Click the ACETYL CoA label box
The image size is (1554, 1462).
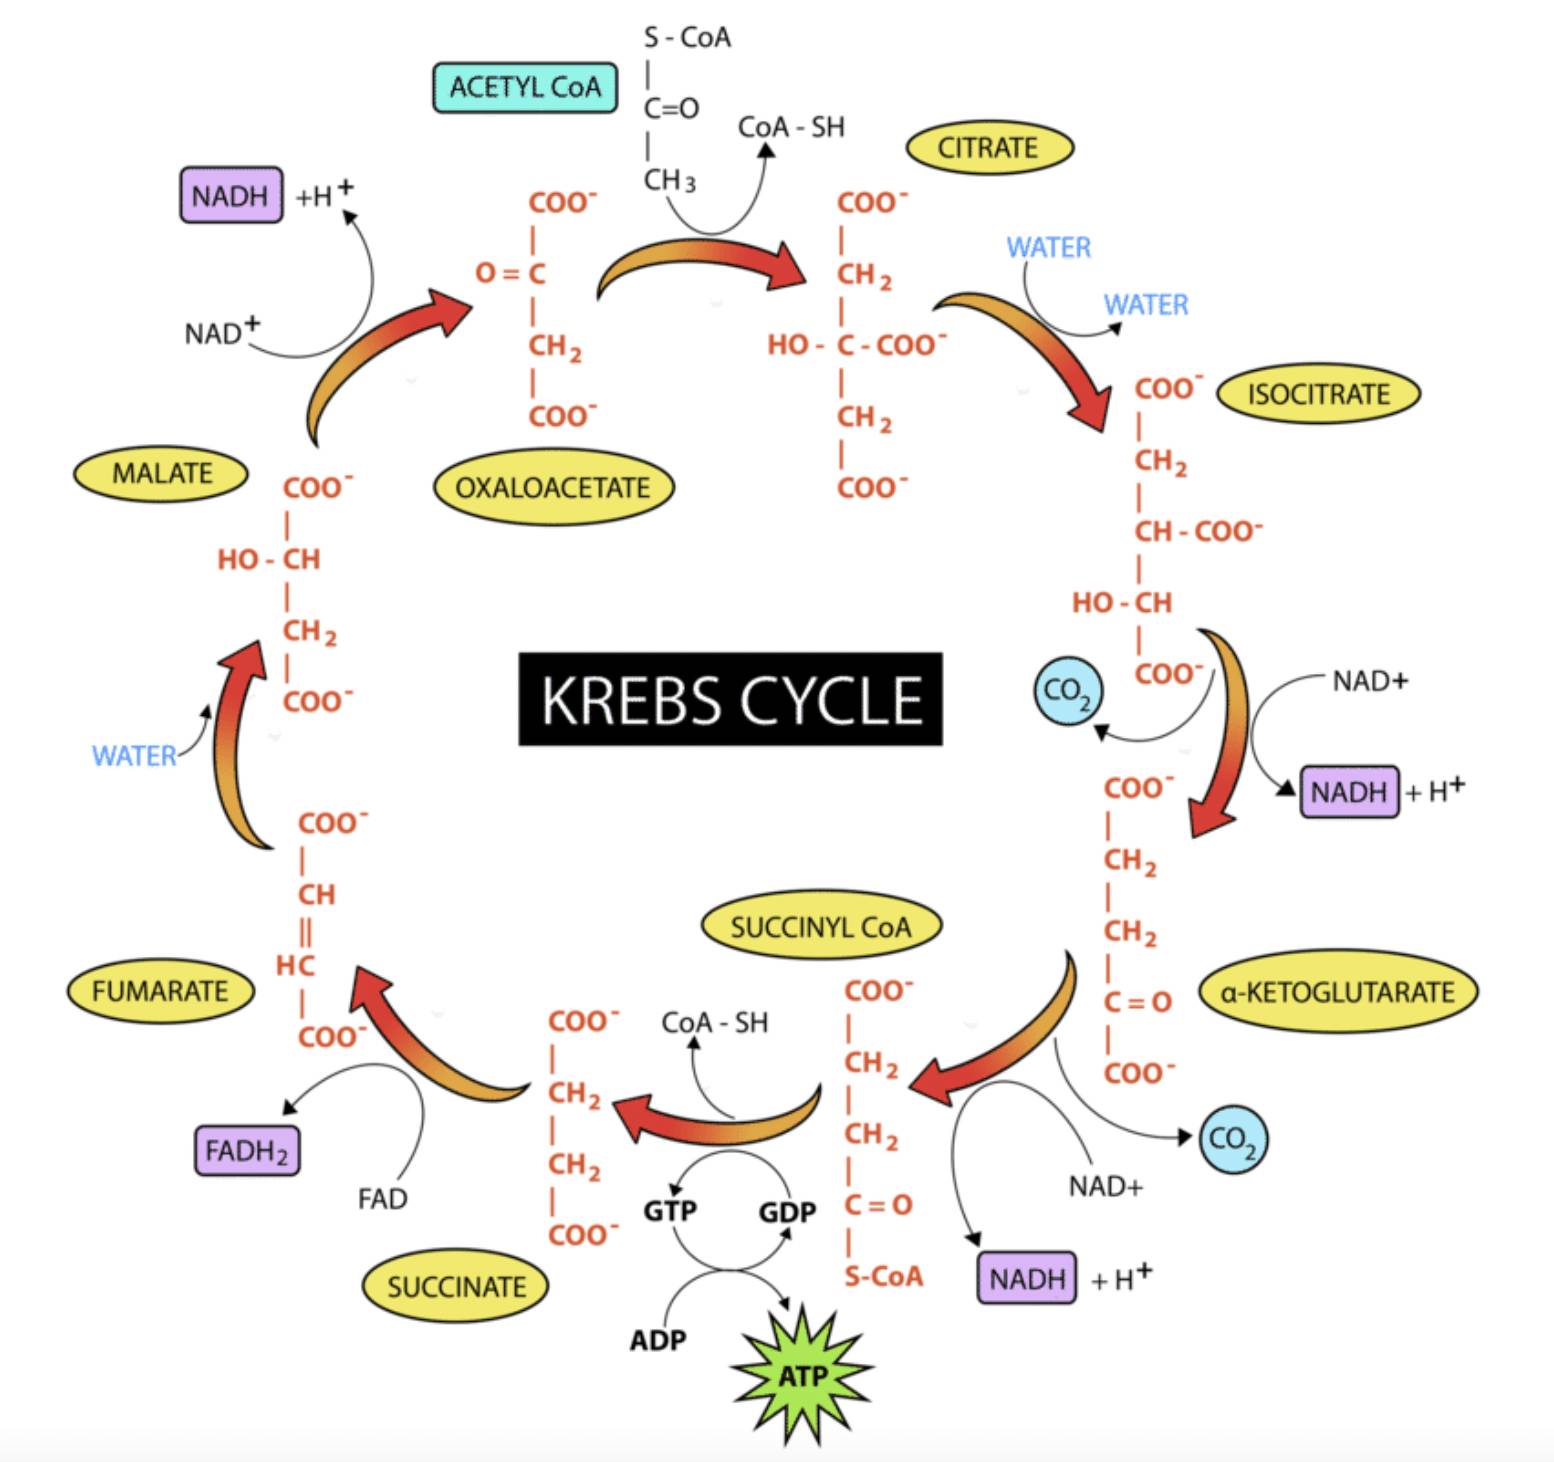(x=525, y=88)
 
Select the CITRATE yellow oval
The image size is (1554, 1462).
(x=989, y=148)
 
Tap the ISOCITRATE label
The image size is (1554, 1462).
(x=1318, y=394)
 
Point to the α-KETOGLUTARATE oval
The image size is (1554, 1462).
(x=1337, y=992)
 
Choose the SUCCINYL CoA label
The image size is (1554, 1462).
(x=821, y=927)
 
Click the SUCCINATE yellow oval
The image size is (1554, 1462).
(x=456, y=1286)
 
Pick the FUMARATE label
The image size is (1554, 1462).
(x=160, y=991)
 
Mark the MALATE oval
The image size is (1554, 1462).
(x=161, y=473)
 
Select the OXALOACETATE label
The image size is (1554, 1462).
(x=553, y=488)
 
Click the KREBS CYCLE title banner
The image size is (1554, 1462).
(x=730, y=699)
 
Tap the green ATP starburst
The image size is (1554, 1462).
(x=802, y=1376)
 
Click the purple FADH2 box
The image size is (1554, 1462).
(x=247, y=1151)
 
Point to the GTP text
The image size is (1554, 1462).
(x=669, y=1211)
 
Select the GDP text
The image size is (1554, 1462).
(x=787, y=1213)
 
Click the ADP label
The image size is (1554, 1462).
(x=658, y=1340)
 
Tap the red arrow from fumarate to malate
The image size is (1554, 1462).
(x=236, y=740)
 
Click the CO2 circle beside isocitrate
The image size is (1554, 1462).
(x=1068, y=690)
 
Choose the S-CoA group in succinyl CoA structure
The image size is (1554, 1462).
(x=883, y=1276)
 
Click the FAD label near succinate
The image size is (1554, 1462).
(x=382, y=1198)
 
